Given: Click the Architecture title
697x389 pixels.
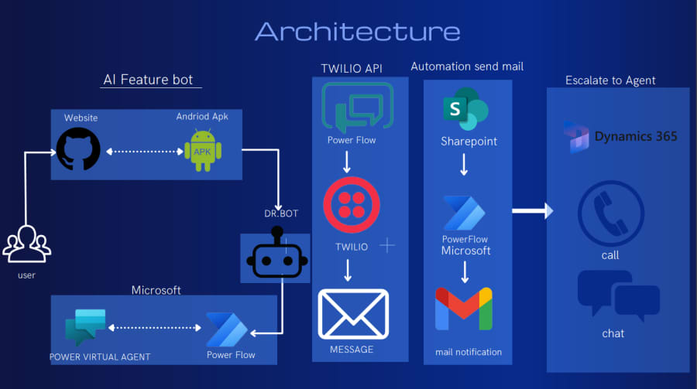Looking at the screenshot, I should [x=357, y=32].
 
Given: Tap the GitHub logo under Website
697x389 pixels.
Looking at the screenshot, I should [x=78, y=150].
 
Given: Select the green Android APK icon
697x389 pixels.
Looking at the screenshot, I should [x=202, y=150].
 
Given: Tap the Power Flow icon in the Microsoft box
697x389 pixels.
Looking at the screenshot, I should [x=227, y=329].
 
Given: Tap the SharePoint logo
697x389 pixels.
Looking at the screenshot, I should [x=464, y=110].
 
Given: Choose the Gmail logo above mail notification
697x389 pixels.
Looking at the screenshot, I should [x=463, y=309].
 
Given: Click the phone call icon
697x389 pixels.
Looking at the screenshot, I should [x=610, y=213].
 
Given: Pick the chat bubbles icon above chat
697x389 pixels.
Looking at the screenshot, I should [x=617, y=295].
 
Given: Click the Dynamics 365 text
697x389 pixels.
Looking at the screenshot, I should [x=635, y=137].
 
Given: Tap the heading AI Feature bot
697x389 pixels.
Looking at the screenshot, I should [x=147, y=80].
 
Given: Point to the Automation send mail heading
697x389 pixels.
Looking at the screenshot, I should [x=467, y=67].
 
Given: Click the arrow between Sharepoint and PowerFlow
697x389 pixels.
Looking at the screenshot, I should [x=463, y=165].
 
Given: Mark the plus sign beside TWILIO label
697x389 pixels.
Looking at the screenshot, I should [x=386, y=246].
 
